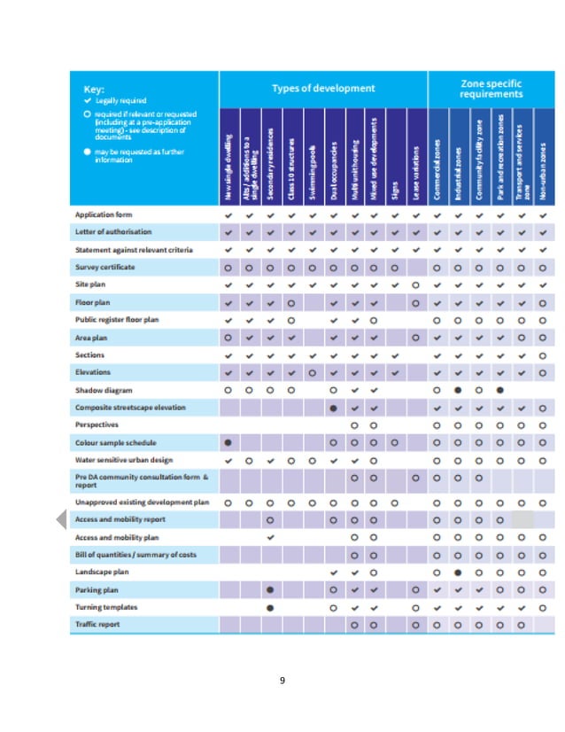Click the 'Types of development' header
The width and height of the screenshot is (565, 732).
point(322,89)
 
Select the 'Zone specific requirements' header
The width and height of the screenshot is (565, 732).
point(491,89)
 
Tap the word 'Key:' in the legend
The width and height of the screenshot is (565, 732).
point(94,90)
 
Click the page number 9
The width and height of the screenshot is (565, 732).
point(282,680)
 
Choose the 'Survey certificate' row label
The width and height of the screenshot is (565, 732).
point(105,267)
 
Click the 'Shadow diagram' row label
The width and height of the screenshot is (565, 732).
point(104,390)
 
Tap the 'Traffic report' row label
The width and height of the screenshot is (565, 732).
point(97,625)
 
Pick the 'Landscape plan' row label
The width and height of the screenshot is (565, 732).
point(102,572)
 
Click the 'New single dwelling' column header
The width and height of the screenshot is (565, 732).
point(228,160)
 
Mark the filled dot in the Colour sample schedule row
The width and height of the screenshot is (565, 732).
point(228,442)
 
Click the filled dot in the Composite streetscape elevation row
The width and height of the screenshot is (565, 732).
point(333,408)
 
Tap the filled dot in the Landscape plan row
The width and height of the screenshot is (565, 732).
point(458,572)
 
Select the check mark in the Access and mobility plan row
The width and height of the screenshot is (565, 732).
point(270,537)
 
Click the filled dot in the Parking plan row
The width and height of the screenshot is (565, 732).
point(270,589)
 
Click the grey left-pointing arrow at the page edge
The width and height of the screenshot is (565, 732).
point(60,521)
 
